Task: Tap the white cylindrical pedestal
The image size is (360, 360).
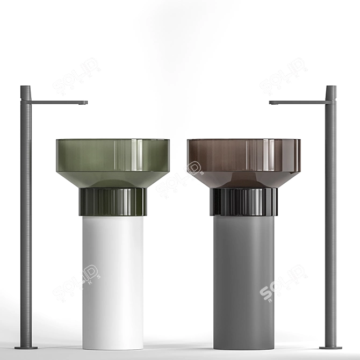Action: pyautogui.click(x=113, y=279)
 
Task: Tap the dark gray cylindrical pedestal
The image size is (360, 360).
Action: pyautogui.click(x=243, y=279)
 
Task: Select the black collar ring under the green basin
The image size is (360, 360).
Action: pyautogui.click(x=113, y=202)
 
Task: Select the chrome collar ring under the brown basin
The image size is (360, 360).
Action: pyautogui.click(x=243, y=202)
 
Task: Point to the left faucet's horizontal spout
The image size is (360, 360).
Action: pyautogui.click(x=56, y=102)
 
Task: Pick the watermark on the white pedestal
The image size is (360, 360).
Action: pyautogui.click(x=77, y=282)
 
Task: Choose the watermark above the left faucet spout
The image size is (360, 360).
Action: pyautogui.click(x=76, y=75)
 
